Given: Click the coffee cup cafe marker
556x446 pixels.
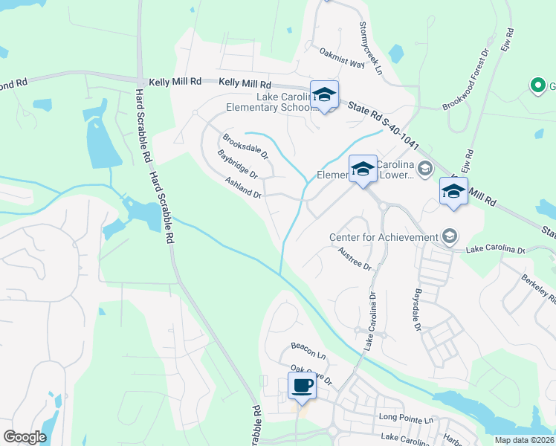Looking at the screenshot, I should [x=302, y=386].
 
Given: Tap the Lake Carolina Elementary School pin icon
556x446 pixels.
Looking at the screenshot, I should [x=324, y=94].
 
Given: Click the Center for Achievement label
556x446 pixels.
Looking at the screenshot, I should [x=384, y=237].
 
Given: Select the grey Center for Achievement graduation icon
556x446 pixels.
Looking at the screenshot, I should [x=450, y=237].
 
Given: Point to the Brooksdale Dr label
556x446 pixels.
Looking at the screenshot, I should [x=245, y=143].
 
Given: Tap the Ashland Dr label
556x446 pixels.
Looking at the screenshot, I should [x=245, y=188].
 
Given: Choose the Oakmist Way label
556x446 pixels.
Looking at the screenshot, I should [x=342, y=58].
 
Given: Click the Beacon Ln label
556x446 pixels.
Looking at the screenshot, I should [x=308, y=346].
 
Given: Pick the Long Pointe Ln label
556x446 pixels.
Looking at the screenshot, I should [x=406, y=419].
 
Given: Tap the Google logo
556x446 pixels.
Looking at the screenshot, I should [x=25, y=437].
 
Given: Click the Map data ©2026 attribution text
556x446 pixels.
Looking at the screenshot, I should [x=524, y=440].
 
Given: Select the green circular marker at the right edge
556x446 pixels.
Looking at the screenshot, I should [x=537, y=86].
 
